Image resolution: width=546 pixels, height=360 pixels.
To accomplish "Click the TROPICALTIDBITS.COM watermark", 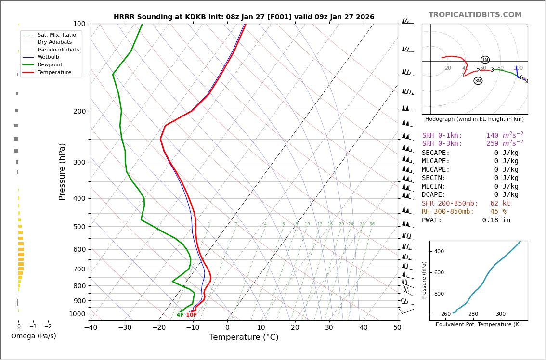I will click(x=475, y=15).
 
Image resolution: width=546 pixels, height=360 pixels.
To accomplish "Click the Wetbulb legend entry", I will click(x=48, y=57).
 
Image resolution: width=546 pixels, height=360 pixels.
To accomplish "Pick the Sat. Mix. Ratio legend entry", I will click(x=56, y=35).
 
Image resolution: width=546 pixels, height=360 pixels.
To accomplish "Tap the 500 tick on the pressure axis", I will click(x=79, y=227).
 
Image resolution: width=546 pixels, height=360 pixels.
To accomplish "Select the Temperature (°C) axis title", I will click(x=244, y=337).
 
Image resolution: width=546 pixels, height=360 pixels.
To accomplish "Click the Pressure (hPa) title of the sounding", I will click(x=62, y=171).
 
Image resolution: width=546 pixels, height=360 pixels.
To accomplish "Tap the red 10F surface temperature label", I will click(x=192, y=315).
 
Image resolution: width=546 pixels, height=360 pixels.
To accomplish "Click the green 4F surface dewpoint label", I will click(x=180, y=315).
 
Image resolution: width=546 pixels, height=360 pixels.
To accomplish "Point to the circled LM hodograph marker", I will click(x=485, y=60).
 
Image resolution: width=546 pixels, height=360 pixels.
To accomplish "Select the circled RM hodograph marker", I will click(x=478, y=81).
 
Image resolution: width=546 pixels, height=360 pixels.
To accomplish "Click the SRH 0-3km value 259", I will click(x=492, y=144).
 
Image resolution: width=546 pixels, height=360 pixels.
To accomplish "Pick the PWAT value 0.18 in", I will click(x=496, y=220).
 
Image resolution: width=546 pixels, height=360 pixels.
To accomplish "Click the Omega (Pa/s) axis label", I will click(x=34, y=336).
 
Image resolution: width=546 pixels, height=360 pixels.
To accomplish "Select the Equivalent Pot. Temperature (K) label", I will click(x=478, y=325).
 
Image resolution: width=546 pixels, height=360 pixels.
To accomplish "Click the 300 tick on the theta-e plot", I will click(x=501, y=314).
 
